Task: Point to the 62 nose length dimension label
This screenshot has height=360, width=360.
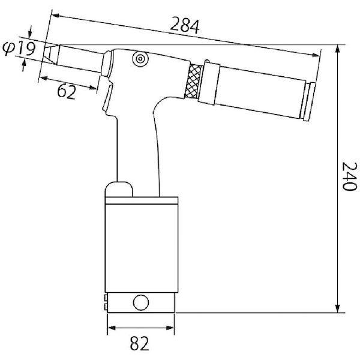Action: point(67,91)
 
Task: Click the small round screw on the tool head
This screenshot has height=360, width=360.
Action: point(140,59)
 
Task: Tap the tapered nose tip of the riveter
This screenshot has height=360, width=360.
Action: point(50,54)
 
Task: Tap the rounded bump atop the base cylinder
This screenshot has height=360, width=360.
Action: point(119,189)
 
